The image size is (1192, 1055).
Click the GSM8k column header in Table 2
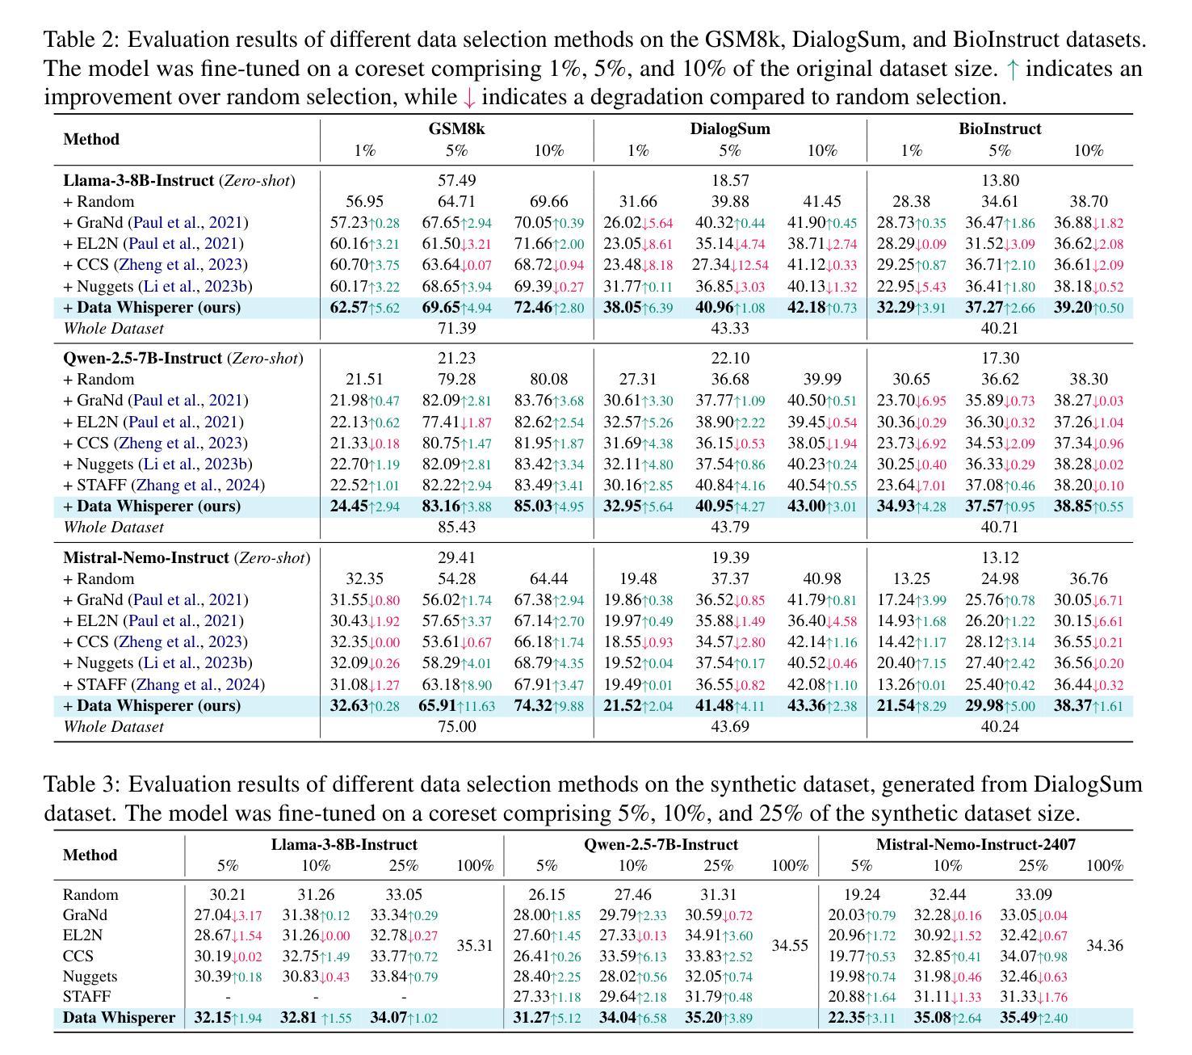tap(456, 128)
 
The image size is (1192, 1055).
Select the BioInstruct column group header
tap(1000, 128)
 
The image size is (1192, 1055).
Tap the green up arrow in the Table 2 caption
tap(1012, 69)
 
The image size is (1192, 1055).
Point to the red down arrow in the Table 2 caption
tap(469, 98)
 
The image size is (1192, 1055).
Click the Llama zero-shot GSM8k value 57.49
tap(456, 180)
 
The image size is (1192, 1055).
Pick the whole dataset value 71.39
tap(456, 329)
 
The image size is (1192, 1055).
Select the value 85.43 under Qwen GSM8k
tap(456, 527)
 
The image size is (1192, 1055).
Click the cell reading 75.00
tap(456, 726)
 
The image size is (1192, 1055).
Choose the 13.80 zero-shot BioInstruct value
tap(1000, 180)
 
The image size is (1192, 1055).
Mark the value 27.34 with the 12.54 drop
tap(711, 264)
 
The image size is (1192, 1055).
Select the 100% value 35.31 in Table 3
tap(474, 945)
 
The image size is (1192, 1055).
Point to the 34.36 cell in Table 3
tap(1104, 945)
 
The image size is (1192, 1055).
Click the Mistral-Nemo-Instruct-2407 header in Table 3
tap(976, 844)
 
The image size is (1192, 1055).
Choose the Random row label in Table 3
tap(90, 895)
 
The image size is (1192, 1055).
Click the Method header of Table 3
tap(90, 855)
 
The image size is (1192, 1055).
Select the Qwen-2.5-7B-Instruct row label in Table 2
tap(142, 358)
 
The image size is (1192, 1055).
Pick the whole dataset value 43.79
tap(729, 527)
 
